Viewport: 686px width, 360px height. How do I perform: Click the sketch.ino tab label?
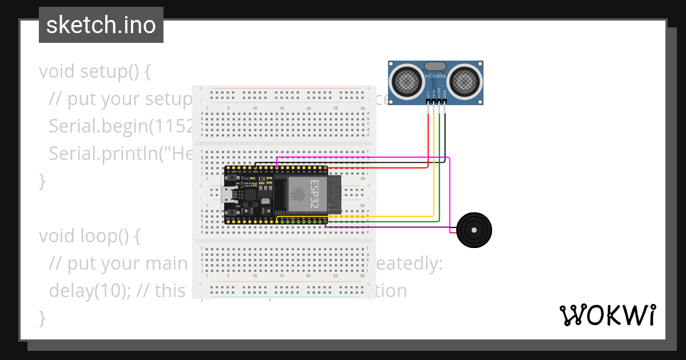[x=101, y=25]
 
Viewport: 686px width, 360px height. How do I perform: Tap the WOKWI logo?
[x=607, y=315]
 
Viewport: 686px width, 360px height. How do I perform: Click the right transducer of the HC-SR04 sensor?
[x=464, y=82]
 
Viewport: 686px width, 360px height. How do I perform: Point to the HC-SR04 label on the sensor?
[x=436, y=75]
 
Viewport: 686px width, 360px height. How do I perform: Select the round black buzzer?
[x=474, y=230]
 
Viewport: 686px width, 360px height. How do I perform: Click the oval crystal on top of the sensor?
[x=436, y=66]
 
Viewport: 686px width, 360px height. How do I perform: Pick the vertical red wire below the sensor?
[x=428, y=134]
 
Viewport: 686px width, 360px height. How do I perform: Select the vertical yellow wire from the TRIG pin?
[x=434, y=160]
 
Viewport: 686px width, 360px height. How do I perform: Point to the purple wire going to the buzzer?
[x=389, y=227]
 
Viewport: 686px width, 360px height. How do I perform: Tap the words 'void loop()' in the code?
[x=89, y=236]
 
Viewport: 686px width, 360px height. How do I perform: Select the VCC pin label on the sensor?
[x=428, y=93]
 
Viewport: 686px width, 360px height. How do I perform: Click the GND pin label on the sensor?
[x=445, y=93]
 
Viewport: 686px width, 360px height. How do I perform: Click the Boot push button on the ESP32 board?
[x=231, y=209]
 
